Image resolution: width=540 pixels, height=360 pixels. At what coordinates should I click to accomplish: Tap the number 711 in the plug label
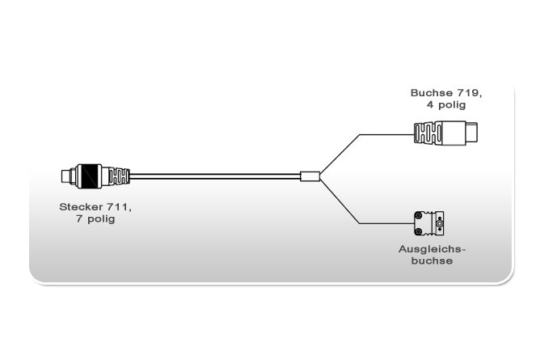pos(120,206)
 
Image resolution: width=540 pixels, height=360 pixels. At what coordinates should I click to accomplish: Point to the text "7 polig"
pos(95,218)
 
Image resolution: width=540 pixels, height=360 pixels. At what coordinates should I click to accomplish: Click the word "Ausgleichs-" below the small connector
pos(432,249)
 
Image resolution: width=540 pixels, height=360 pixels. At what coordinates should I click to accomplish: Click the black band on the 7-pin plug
pos(89,175)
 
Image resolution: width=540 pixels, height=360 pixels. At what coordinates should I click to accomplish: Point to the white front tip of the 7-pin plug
pos(65,175)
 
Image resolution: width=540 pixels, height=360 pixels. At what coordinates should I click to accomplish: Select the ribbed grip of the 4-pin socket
pos(426,133)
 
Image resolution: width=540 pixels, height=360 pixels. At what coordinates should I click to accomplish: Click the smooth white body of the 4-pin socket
pos(454,133)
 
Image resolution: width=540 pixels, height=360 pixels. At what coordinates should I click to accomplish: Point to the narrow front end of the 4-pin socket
pos(475,133)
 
